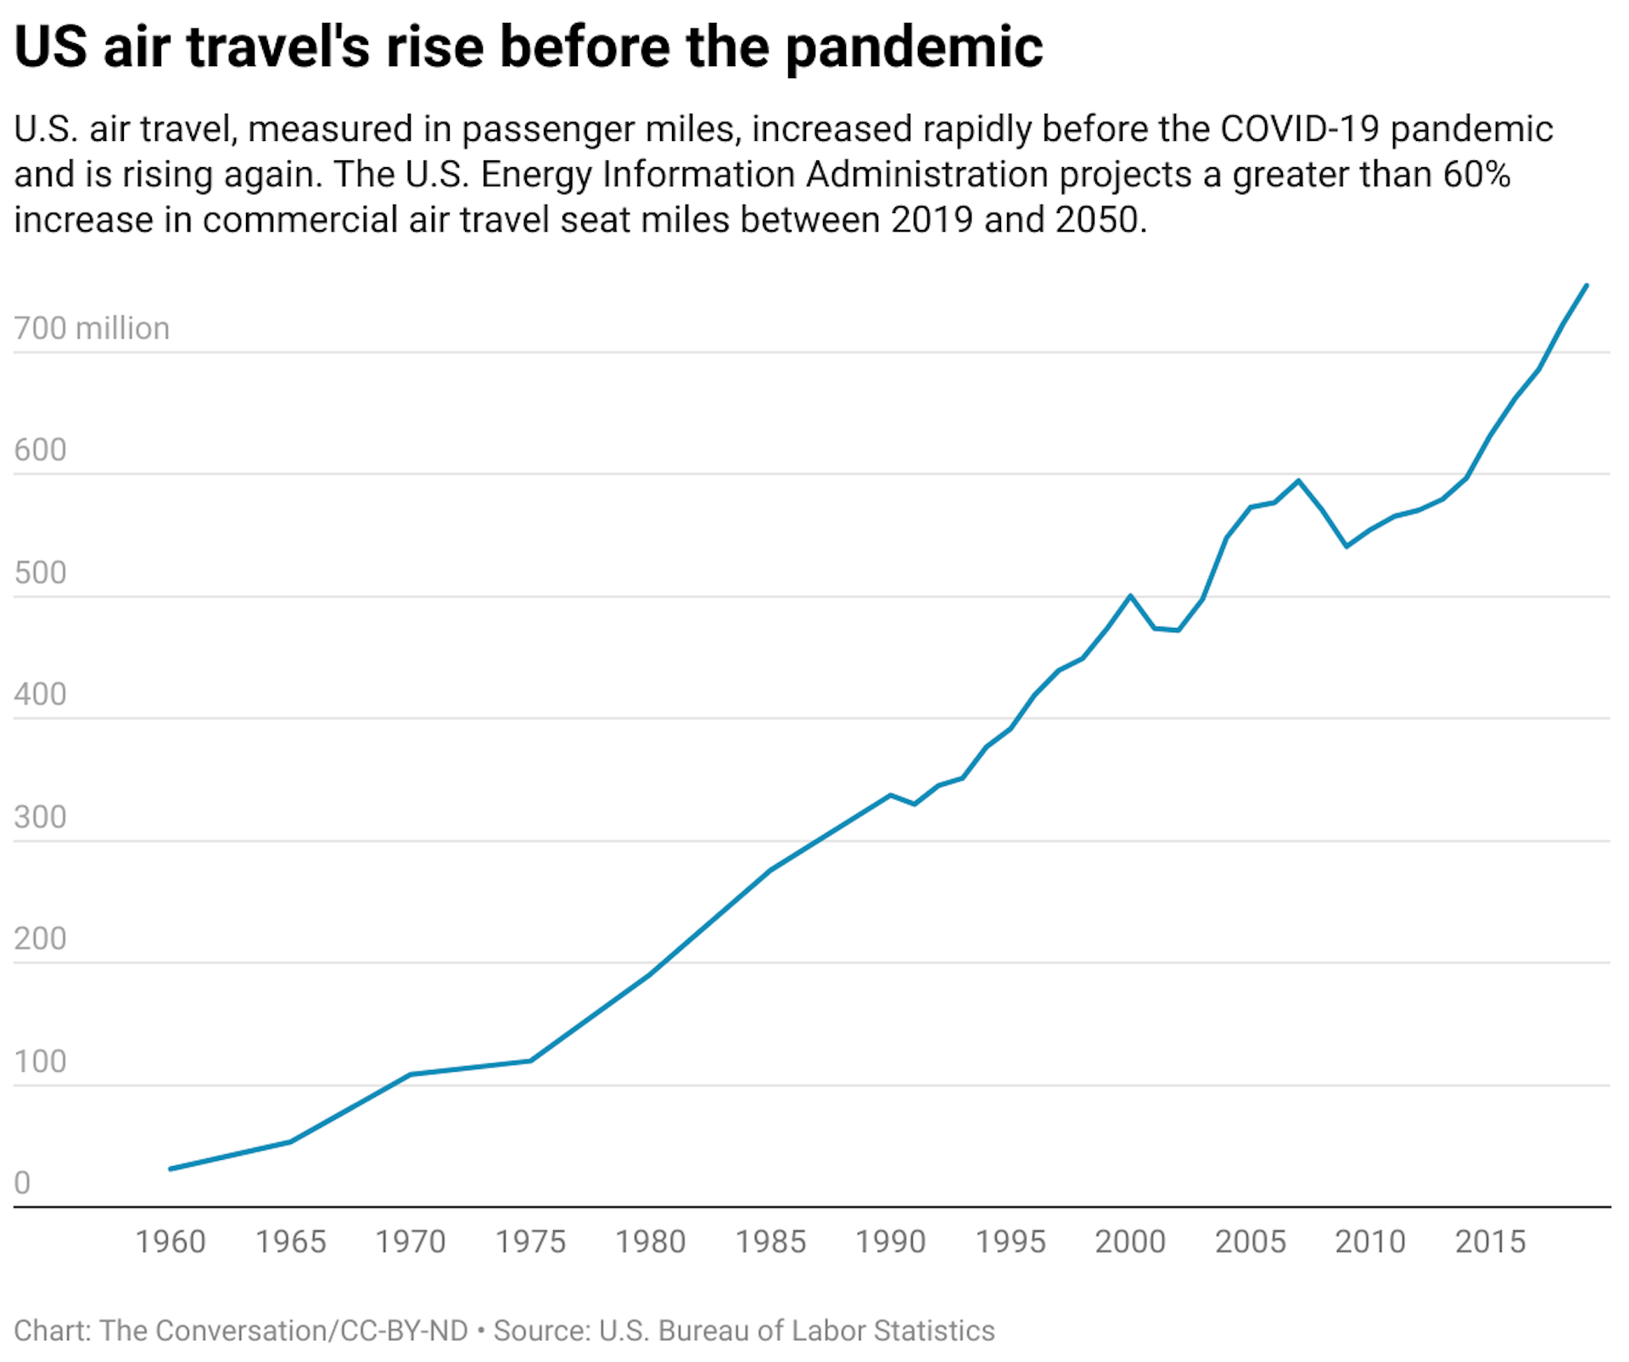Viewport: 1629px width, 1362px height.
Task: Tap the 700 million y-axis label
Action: point(92,328)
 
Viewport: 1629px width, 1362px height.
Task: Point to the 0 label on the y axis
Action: point(22,1183)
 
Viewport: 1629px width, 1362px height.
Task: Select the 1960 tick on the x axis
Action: point(171,1241)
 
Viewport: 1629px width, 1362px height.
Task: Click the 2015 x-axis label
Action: point(1490,1241)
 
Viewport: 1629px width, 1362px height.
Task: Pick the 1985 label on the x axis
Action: point(770,1241)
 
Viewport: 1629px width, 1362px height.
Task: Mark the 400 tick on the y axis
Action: point(40,694)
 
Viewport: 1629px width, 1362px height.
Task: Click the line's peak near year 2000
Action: point(1130,596)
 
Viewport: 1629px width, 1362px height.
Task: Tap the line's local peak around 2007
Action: point(1298,480)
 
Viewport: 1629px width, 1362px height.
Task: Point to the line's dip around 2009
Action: point(1346,546)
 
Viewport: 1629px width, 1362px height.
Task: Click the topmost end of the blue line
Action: point(1587,286)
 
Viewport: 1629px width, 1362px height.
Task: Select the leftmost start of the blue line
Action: point(171,1169)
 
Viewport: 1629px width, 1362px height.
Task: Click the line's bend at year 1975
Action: point(531,1061)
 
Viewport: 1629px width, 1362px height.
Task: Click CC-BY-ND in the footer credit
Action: point(404,1331)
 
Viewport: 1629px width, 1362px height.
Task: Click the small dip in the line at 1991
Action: point(914,804)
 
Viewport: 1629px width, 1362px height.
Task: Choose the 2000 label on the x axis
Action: point(1130,1241)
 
